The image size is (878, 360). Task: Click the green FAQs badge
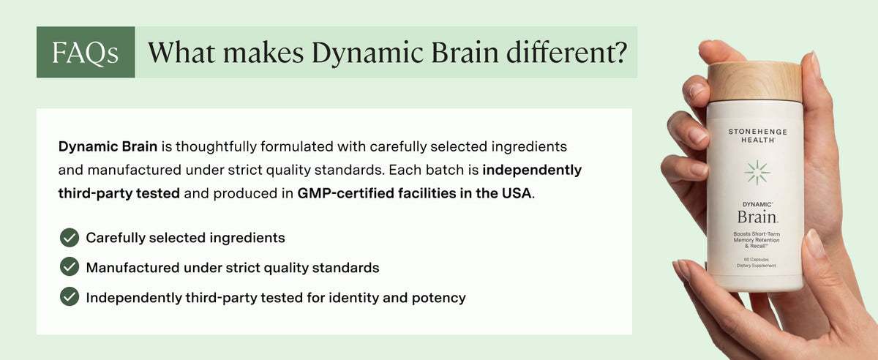click(86, 52)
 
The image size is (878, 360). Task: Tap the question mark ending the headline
click(619, 52)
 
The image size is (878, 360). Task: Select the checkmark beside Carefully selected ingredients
click(70, 238)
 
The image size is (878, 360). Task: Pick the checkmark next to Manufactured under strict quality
click(70, 266)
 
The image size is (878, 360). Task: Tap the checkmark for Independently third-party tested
click(70, 296)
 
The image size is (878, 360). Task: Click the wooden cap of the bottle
click(755, 82)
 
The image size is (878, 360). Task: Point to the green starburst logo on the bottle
click(757, 173)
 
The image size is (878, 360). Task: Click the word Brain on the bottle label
click(757, 217)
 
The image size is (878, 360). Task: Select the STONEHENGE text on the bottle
click(758, 132)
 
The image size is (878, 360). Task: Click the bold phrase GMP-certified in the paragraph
click(345, 193)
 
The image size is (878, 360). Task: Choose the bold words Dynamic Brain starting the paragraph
click(108, 146)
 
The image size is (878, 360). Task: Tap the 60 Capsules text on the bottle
click(756, 259)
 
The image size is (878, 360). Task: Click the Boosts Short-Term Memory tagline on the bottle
click(757, 240)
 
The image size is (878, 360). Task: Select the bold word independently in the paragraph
click(532, 170)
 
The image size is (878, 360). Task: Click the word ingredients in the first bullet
click(247, 238)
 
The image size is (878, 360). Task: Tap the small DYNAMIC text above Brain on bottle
click(757, 204)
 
